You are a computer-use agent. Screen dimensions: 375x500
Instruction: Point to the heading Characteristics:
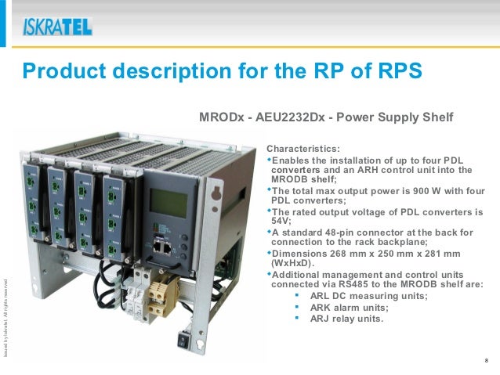tap(303, 147)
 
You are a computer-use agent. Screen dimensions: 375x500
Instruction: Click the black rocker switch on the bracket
tap(186, 341)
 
